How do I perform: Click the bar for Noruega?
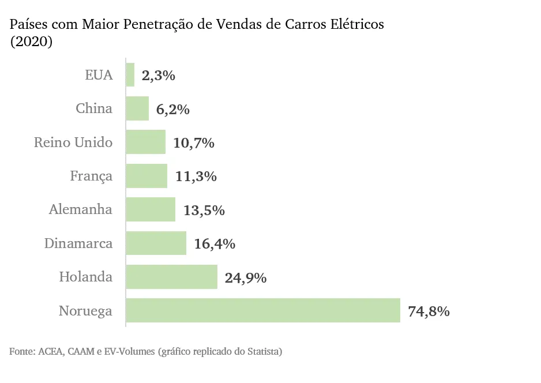(x=263, y=311)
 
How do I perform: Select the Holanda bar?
(x=171, y=277)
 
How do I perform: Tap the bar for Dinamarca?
(x=156, y=243)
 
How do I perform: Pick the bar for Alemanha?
(x=151, y=209)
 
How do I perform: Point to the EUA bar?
(x=130, y=75)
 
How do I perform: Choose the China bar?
(x=137, y=108)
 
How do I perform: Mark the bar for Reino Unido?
(x=146, y=142)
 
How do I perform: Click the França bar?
(x=146, y=176)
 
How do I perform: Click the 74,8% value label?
(x=429, y=311)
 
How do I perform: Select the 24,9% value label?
(x=246, y=278)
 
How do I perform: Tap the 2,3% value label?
(x=158, y=76)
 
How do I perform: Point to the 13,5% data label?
(x=204, y=211)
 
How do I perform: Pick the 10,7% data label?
(x=194, y=143)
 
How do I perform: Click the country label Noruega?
(x=85, y=311)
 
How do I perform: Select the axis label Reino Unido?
(x=73, y=142)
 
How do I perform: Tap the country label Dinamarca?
(x=78, y=244)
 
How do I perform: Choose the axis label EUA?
(x=99, y=75)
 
